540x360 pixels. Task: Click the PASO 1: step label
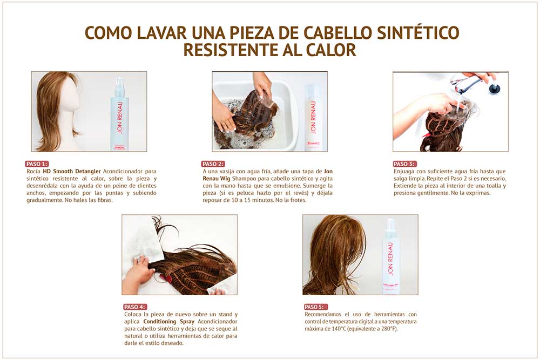[37, 164]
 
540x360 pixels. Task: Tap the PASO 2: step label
[213, 164]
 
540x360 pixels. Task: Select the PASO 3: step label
[404, 164]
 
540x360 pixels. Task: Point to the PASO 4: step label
[135, 307]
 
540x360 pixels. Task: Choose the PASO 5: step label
[316, 307]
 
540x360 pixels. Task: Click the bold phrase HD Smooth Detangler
[72, 171]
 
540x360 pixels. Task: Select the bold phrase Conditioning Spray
[168, 322]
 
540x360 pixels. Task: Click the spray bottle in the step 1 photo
[119, 114]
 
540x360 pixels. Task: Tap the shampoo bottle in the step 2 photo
[313, 117]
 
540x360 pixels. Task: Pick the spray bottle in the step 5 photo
[390, 256]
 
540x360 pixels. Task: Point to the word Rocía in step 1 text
[33, 171]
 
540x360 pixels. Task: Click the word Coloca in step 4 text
[133, 314]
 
